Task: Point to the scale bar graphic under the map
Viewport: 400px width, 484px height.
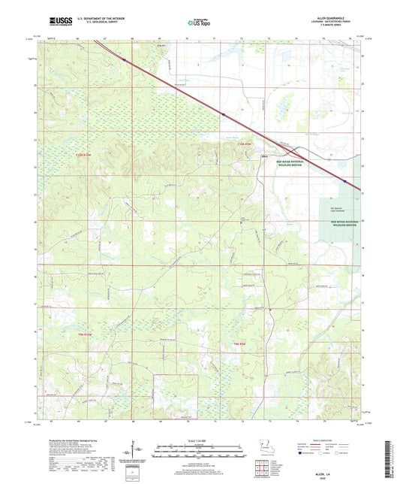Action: pos(200,452)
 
